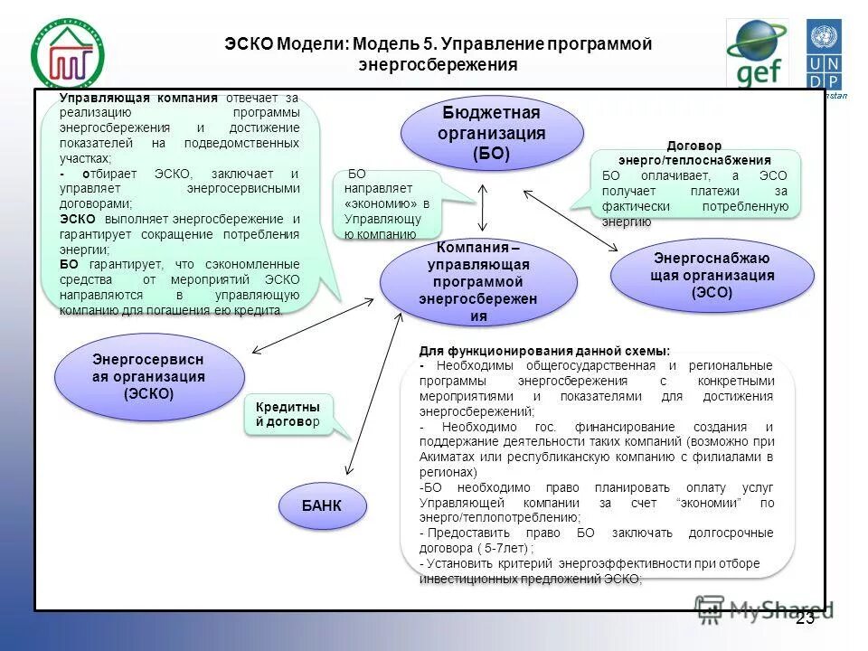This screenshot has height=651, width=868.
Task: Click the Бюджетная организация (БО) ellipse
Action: pyautogui.click(x=491, y=133)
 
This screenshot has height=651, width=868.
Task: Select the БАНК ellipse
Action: pyautogui.click(x=322, y=505)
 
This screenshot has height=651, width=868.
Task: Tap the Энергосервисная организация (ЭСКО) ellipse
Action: pyautogui.click(x=148, y=376)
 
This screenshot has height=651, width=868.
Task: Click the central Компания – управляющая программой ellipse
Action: pyautogui.click(x=478, y=281)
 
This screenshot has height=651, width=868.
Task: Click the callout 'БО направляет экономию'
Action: pyautogui.click(x=387, y=204)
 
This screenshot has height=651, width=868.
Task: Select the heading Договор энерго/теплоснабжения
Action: pyautogui.click(x=694, y=152)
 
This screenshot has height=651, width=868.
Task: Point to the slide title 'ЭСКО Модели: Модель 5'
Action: pyautogui.click(x=438, y=53)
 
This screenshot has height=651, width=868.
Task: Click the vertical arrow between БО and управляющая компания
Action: pyautogui.click(x=483, y=207)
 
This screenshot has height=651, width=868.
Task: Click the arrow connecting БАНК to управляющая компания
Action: pyautogui.click(x=373, y=394)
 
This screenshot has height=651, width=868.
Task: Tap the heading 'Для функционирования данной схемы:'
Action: pyautogui.click(x=544, y=351)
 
